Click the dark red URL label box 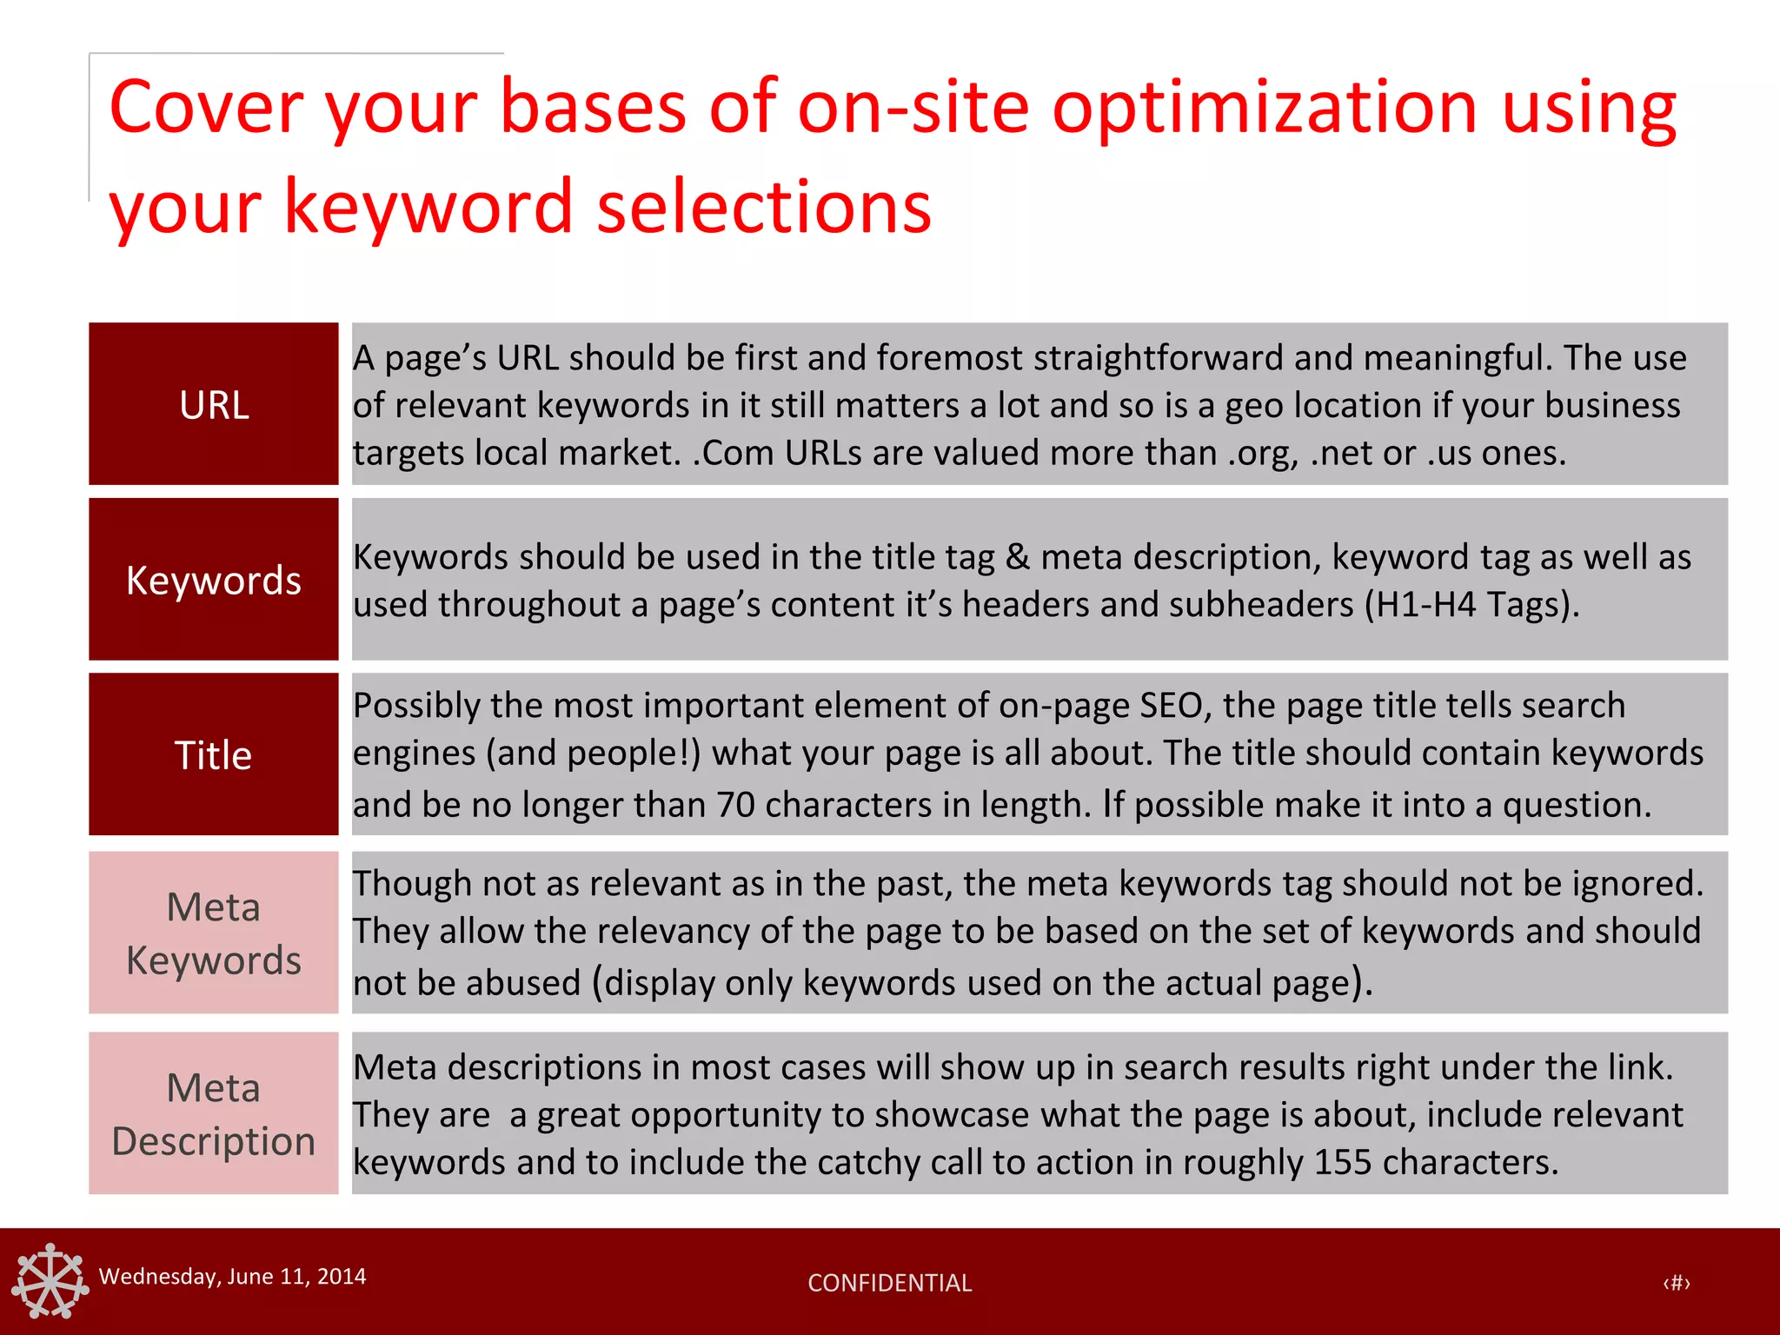click(x=213, y=404)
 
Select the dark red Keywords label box click(x=213, y=580)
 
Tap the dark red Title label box click(x=213, y=754)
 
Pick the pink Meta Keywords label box click(x=213, y=933)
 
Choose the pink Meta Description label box click(x=213, y=1113)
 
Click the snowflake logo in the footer click(x=50, y=1280)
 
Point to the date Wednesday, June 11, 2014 click(x=232, y=1276)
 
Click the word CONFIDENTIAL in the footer click(x=889, y=1283)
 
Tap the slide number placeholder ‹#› click(x=1676, y=1283)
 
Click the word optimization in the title click(x=1265, y=108)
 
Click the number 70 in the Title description click(x=735, y=805)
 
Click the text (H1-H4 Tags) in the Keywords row click(x=1471, y=605)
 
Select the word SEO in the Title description click(x=1170, y=705)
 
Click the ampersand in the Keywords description click(x=1017, y=557)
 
